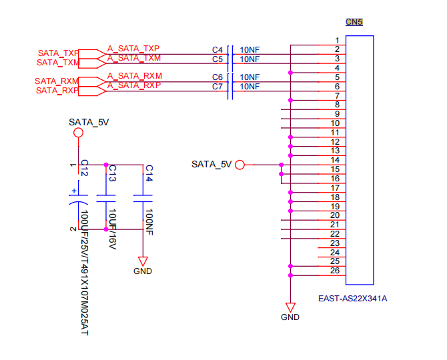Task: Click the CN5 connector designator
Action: [354, 22]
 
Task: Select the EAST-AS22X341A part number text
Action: [353, 299]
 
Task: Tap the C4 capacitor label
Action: [217, 50]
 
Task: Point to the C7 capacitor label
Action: [217, 87]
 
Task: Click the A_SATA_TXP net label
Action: [133, 49]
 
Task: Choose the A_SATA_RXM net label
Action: [135, 76]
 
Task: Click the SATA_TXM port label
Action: [58, 63]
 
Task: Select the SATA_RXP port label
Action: [57, 90]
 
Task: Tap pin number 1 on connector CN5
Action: [337, 41]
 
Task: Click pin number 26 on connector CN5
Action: [335, 271]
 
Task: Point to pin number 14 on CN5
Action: [335, 160]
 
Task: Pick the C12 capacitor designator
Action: [85, 168]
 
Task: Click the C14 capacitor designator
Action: [149, 173]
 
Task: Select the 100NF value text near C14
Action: [149, 222]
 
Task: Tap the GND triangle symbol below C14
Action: [143, 261]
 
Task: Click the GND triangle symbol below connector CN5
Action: [290, 307]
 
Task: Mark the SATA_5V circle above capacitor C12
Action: [78, 133]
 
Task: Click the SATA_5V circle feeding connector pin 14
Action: [240, 165]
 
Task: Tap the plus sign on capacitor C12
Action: [74, 191]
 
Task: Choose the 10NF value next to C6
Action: [250, 77]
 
